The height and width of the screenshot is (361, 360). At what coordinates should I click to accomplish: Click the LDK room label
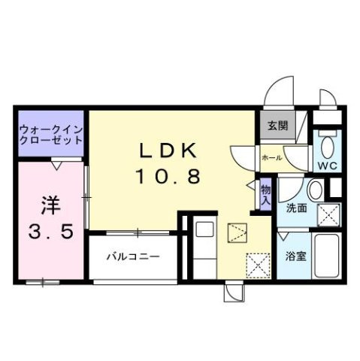(168, 151)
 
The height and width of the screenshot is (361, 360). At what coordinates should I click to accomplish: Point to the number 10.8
(168, 177)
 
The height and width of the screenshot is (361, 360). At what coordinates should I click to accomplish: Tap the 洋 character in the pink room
(50, 204)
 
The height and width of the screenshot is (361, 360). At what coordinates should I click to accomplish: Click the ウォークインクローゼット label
(50, 134)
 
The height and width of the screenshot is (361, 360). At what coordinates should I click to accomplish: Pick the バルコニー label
(132, 256)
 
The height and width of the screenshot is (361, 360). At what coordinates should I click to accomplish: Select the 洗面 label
(296, 208)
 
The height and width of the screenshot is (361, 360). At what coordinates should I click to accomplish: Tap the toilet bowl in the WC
(327, 143)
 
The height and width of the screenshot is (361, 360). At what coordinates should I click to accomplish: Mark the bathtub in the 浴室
(325, 256)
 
